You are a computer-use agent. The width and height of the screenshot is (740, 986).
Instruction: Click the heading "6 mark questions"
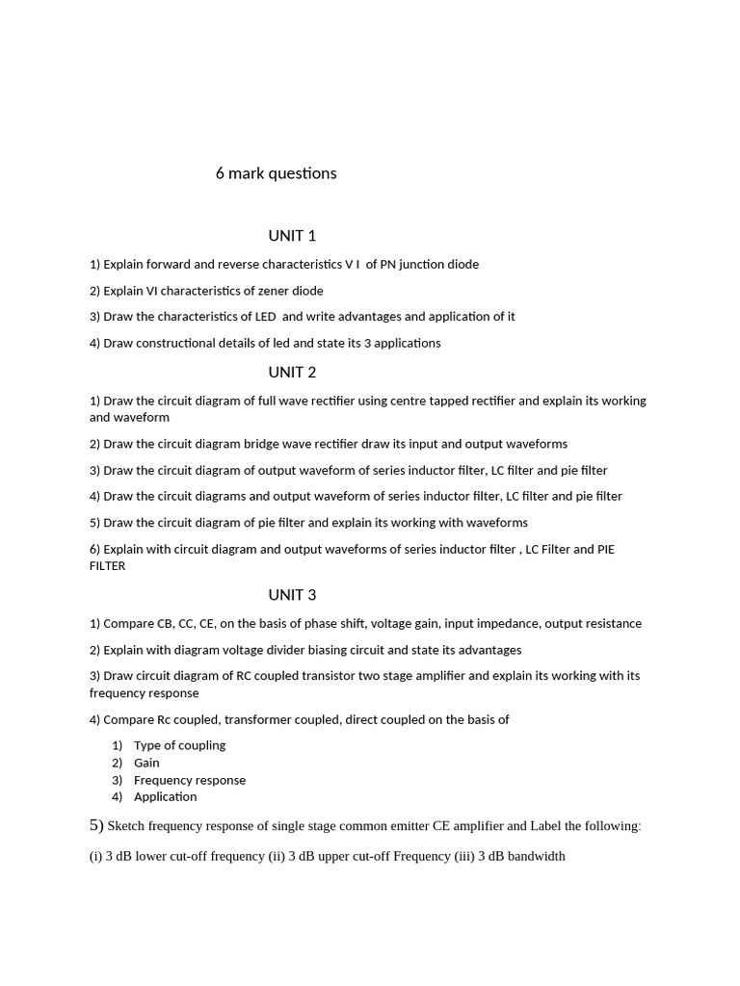276,173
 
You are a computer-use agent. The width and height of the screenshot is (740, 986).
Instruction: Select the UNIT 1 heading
292,236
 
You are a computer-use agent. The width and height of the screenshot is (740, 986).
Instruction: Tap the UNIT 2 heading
292,373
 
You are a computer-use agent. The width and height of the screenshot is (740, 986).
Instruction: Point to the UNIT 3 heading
292,595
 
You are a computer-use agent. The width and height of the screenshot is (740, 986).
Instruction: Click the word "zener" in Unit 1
273,291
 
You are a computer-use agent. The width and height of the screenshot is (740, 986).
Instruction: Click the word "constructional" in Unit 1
175,343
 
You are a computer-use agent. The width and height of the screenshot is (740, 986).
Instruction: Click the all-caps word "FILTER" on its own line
108,566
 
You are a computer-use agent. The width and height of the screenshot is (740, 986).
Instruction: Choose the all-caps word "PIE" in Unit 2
605,550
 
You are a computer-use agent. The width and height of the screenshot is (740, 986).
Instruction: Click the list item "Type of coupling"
179,745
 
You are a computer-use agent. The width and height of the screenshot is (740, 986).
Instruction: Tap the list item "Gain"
146,763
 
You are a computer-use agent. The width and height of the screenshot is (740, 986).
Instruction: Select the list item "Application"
165,796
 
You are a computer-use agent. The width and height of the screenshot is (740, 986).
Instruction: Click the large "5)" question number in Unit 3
96,825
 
